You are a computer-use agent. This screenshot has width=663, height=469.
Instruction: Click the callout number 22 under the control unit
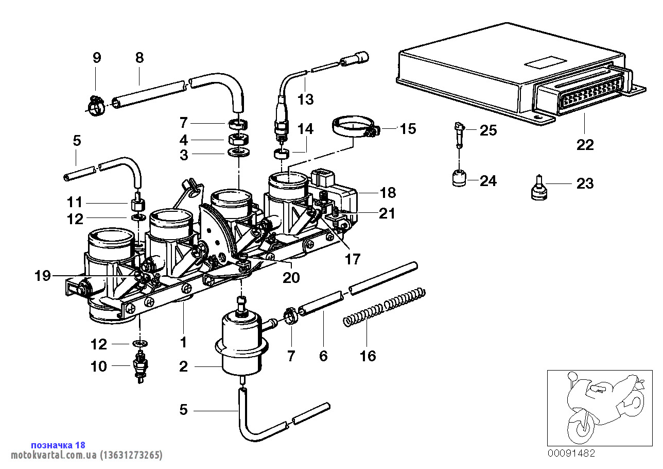point(585,145)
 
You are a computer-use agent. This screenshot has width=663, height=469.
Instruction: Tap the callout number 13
point(306,99)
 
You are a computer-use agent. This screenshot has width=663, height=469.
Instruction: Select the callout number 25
point(488,130)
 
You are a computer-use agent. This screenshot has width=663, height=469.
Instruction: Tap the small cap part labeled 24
point(458,179)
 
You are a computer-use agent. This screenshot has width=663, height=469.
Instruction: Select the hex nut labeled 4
point(238,139)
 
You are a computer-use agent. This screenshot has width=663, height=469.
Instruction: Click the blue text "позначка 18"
point(58,445)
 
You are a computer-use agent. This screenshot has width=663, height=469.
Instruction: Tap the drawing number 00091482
point(571,454)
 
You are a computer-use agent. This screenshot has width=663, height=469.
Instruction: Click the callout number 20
point(291,277)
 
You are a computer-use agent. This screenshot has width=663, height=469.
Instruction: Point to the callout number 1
point(183,342)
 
